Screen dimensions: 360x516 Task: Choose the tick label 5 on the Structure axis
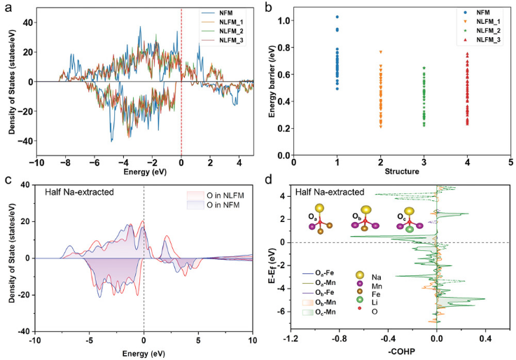click(x=510, y=162)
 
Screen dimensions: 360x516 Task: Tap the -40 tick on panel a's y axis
click(x=30, y=141)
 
